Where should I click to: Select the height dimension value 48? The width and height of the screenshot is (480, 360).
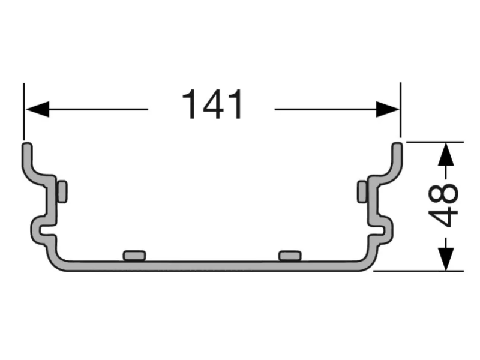coord(446,206)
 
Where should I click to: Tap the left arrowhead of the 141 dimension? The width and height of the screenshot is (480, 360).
coord(36,109)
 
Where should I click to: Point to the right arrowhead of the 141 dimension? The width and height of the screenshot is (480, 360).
coord(387,109)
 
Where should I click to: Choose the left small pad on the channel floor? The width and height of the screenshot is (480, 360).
coord(134,256)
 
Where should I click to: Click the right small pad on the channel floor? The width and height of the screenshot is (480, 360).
coord(290,256)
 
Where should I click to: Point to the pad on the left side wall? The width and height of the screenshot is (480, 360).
coord(62,191)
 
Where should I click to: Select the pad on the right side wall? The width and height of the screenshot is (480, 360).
coord(362,191)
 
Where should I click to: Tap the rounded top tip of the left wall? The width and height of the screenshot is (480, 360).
coord(27,146)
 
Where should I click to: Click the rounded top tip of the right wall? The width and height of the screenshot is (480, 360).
coord(397,146)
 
